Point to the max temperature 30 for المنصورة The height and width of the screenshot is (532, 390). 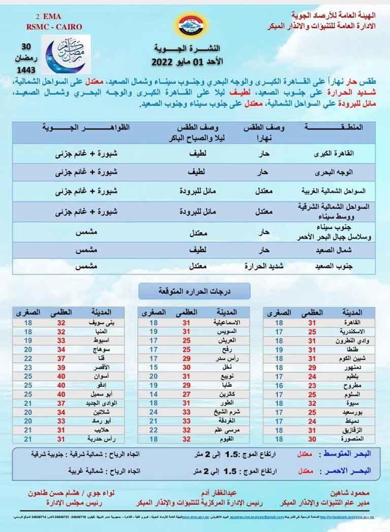[313, 439]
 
